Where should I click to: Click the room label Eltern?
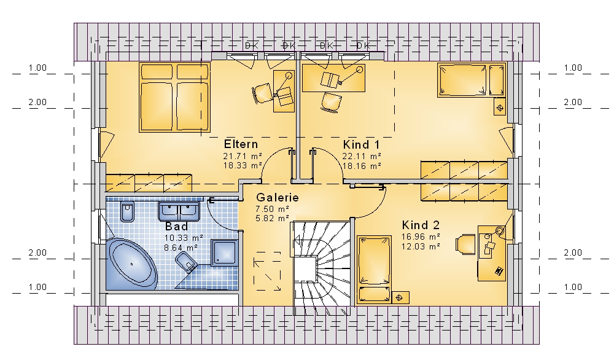pos(241,144)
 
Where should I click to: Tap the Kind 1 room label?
pos(362,144)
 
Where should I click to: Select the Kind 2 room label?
pos(421,225)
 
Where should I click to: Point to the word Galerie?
pos(278,197)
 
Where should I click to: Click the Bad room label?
pos(177,227)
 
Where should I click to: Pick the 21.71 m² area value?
pos(243,156)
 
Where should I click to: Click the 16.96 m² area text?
pos(421,237)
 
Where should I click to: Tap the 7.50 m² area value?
pos(272,209)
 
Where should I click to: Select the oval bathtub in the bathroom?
pos(131,264)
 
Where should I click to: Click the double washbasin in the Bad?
pos(179,211)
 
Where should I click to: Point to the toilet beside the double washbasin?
pos(127,212)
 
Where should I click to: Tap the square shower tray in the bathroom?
pos(224,252)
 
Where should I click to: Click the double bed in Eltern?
pos(174,97)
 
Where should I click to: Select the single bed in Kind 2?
pos(374,270)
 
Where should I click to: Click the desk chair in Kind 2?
pos(465,244)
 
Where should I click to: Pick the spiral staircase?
pos(321,268)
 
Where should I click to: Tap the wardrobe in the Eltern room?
pos(149,183)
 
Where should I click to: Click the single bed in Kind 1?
pos(472,80)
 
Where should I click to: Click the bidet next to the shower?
pos(186,261)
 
